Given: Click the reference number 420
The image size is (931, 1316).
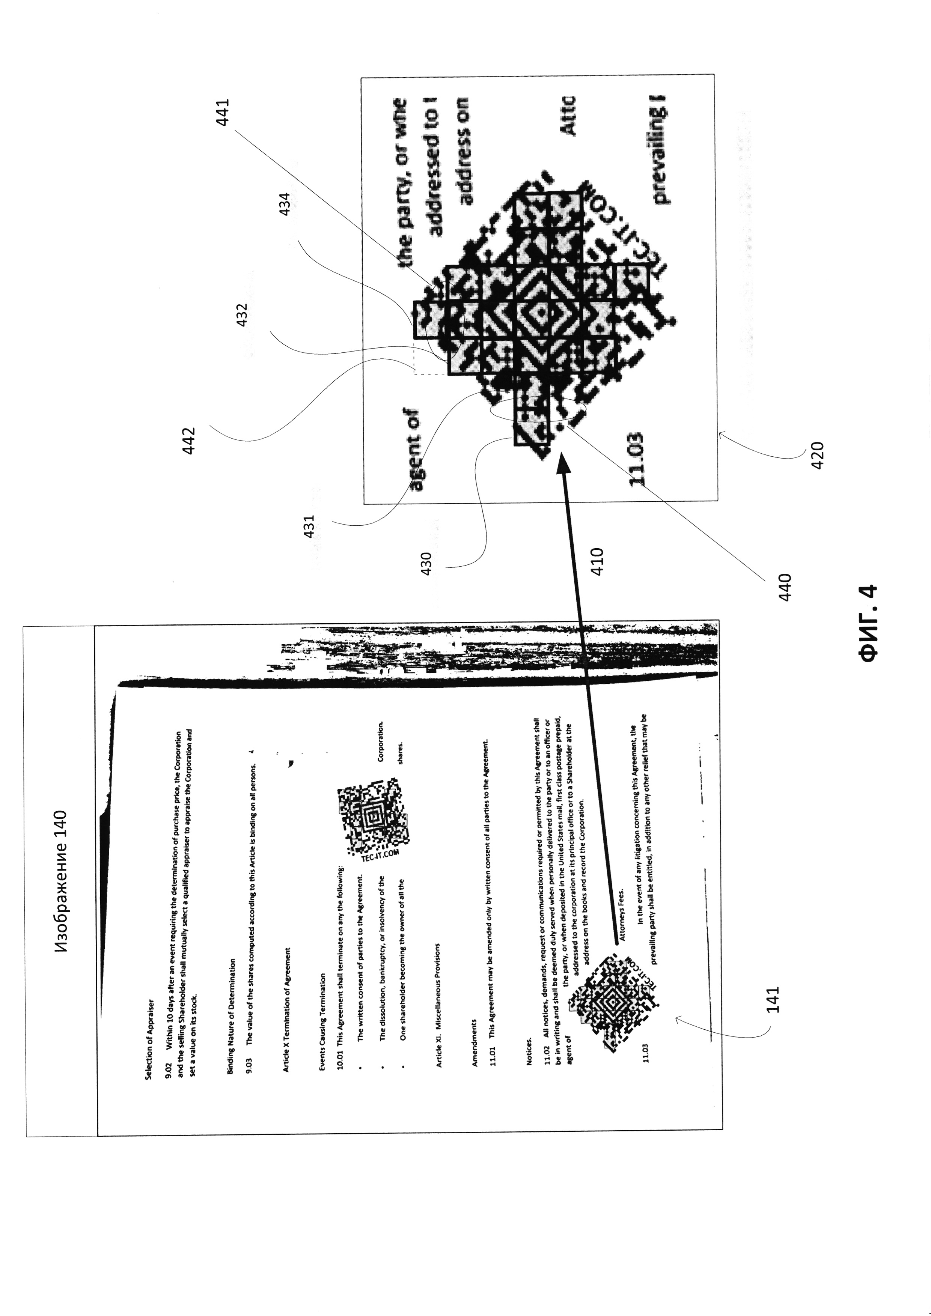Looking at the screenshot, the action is pos(818,456).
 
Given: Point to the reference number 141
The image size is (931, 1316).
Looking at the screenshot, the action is pos(773,999).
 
